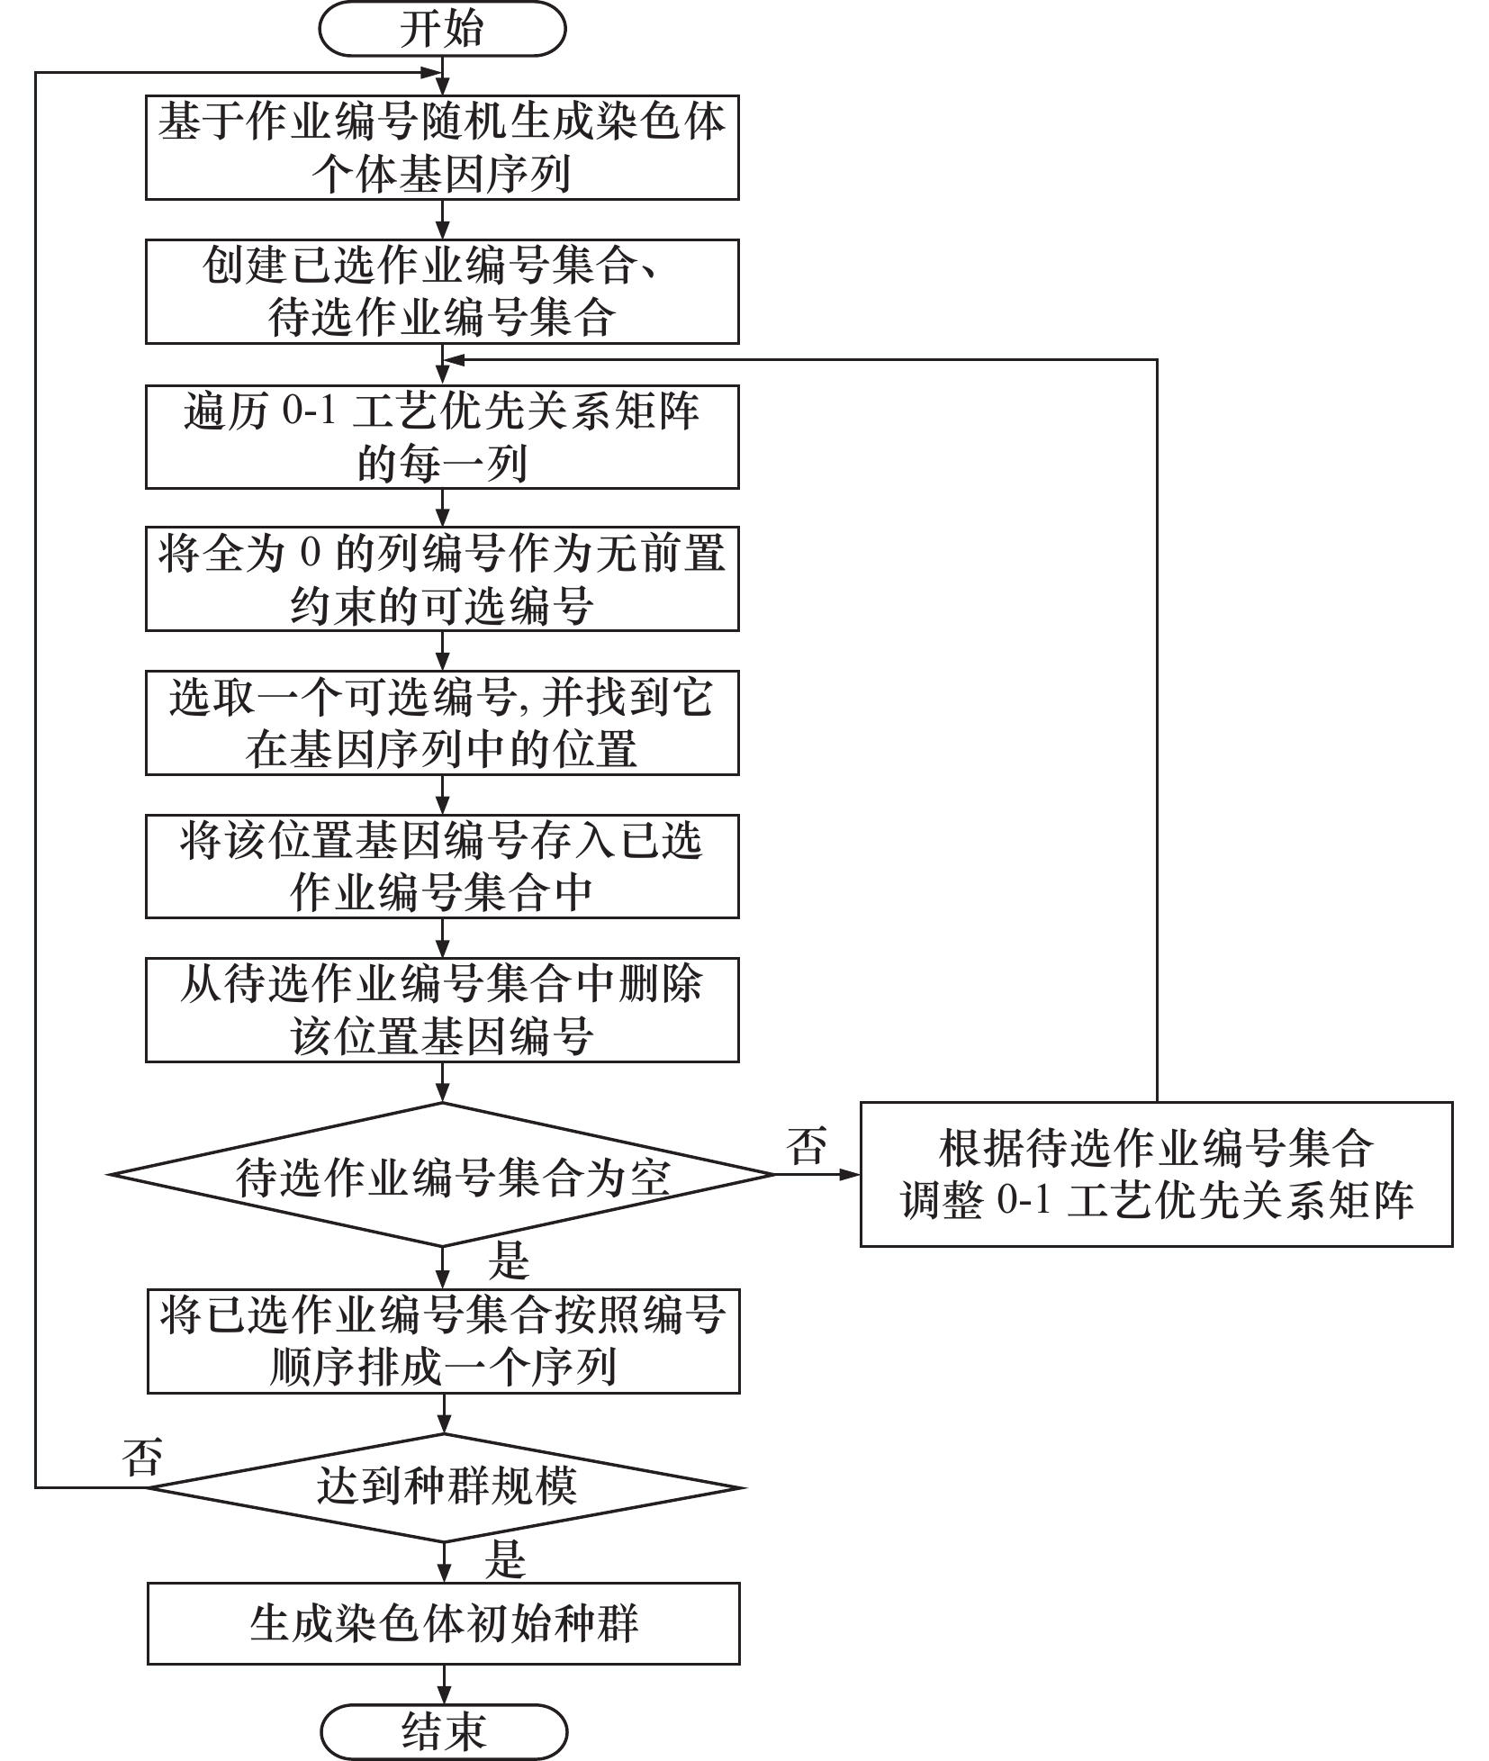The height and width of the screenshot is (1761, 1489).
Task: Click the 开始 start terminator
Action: [x=442, y=28]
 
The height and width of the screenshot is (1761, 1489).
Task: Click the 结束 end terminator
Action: [x=444, y=1731]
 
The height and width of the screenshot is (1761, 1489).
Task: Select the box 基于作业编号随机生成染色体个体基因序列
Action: [x=442, y=148]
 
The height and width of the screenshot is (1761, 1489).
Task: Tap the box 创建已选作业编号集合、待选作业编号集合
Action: [x=442, y=292]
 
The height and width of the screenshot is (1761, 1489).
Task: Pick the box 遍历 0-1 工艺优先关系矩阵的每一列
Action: [x=442, y=438]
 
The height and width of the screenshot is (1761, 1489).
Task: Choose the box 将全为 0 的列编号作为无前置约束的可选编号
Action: [x=442, y=579]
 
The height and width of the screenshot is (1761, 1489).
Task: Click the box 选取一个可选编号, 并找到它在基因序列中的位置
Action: [x=442, y=723]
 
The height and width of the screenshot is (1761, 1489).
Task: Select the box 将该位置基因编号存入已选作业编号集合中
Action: [x=442, y=866]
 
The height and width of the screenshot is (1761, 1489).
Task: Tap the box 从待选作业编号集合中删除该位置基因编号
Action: [x=442, y=1010]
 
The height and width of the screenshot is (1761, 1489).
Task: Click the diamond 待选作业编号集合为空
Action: [x=442, y=1175]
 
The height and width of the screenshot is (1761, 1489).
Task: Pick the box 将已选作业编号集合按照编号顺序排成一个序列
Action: [x=444, y=1341]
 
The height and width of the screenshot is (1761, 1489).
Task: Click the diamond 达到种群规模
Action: [x=444, y=1487]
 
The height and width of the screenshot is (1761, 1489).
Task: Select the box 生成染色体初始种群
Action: [x=444, y=1623]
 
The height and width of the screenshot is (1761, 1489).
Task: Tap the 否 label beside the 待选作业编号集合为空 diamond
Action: [x=807, y=1145]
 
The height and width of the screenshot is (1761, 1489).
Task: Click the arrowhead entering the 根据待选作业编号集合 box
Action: [x=850, y=1175]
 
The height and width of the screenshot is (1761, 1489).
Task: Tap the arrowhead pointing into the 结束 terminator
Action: [x=444, y=1695]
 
